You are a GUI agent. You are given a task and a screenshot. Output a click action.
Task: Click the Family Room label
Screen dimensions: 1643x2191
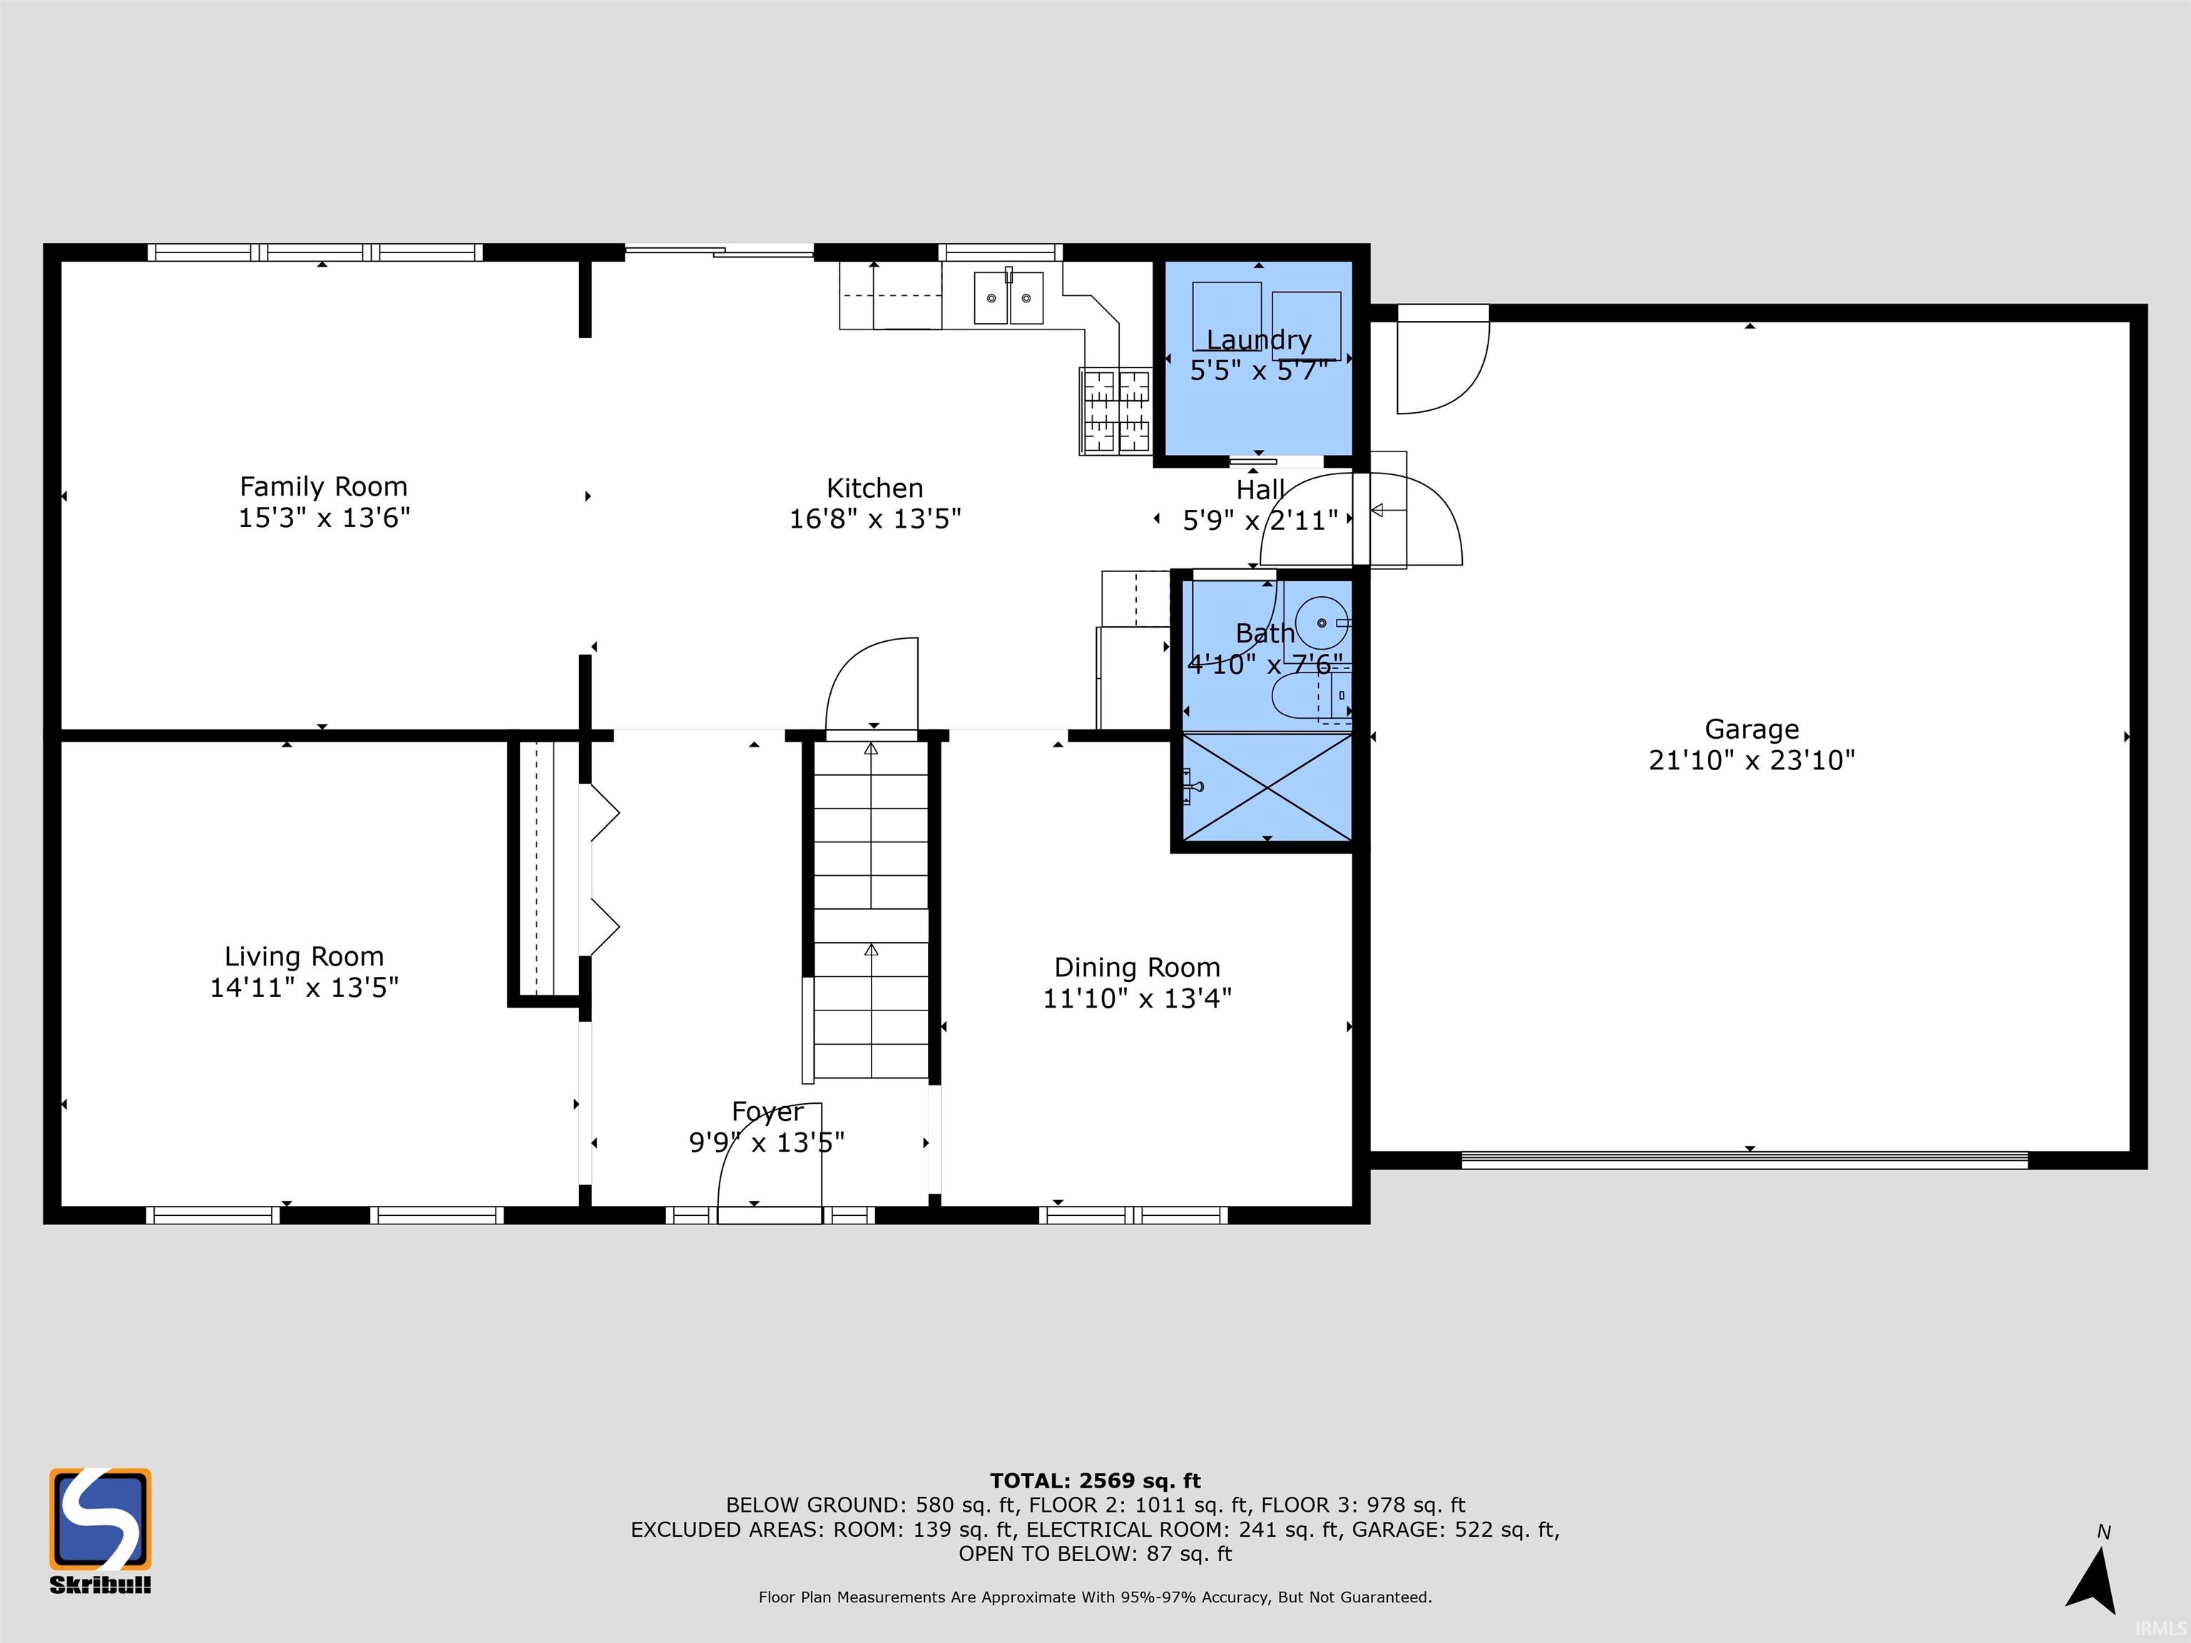point(323,486)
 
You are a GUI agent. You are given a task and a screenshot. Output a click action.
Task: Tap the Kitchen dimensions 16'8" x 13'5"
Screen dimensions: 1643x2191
point(874,519)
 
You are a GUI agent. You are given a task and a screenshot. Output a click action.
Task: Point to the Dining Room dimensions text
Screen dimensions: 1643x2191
point(1136,998)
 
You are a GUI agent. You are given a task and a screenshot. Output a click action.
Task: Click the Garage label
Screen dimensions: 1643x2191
point(1750,729)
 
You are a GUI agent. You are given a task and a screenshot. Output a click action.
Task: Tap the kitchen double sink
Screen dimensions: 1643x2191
point(1008,298)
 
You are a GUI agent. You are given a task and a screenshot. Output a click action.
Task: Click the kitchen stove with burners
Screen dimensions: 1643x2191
point(1115,411)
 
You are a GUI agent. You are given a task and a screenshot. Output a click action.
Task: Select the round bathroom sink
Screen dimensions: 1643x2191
point(1322,622)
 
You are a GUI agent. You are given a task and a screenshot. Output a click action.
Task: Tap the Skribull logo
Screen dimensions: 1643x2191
point(100,1527)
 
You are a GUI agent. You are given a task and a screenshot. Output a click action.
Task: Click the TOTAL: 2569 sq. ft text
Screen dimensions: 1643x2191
point(1095,1480)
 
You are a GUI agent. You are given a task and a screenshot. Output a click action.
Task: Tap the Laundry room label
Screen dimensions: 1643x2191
point(1258,339)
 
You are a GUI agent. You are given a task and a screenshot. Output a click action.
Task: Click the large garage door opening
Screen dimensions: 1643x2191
point(1745,1160)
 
